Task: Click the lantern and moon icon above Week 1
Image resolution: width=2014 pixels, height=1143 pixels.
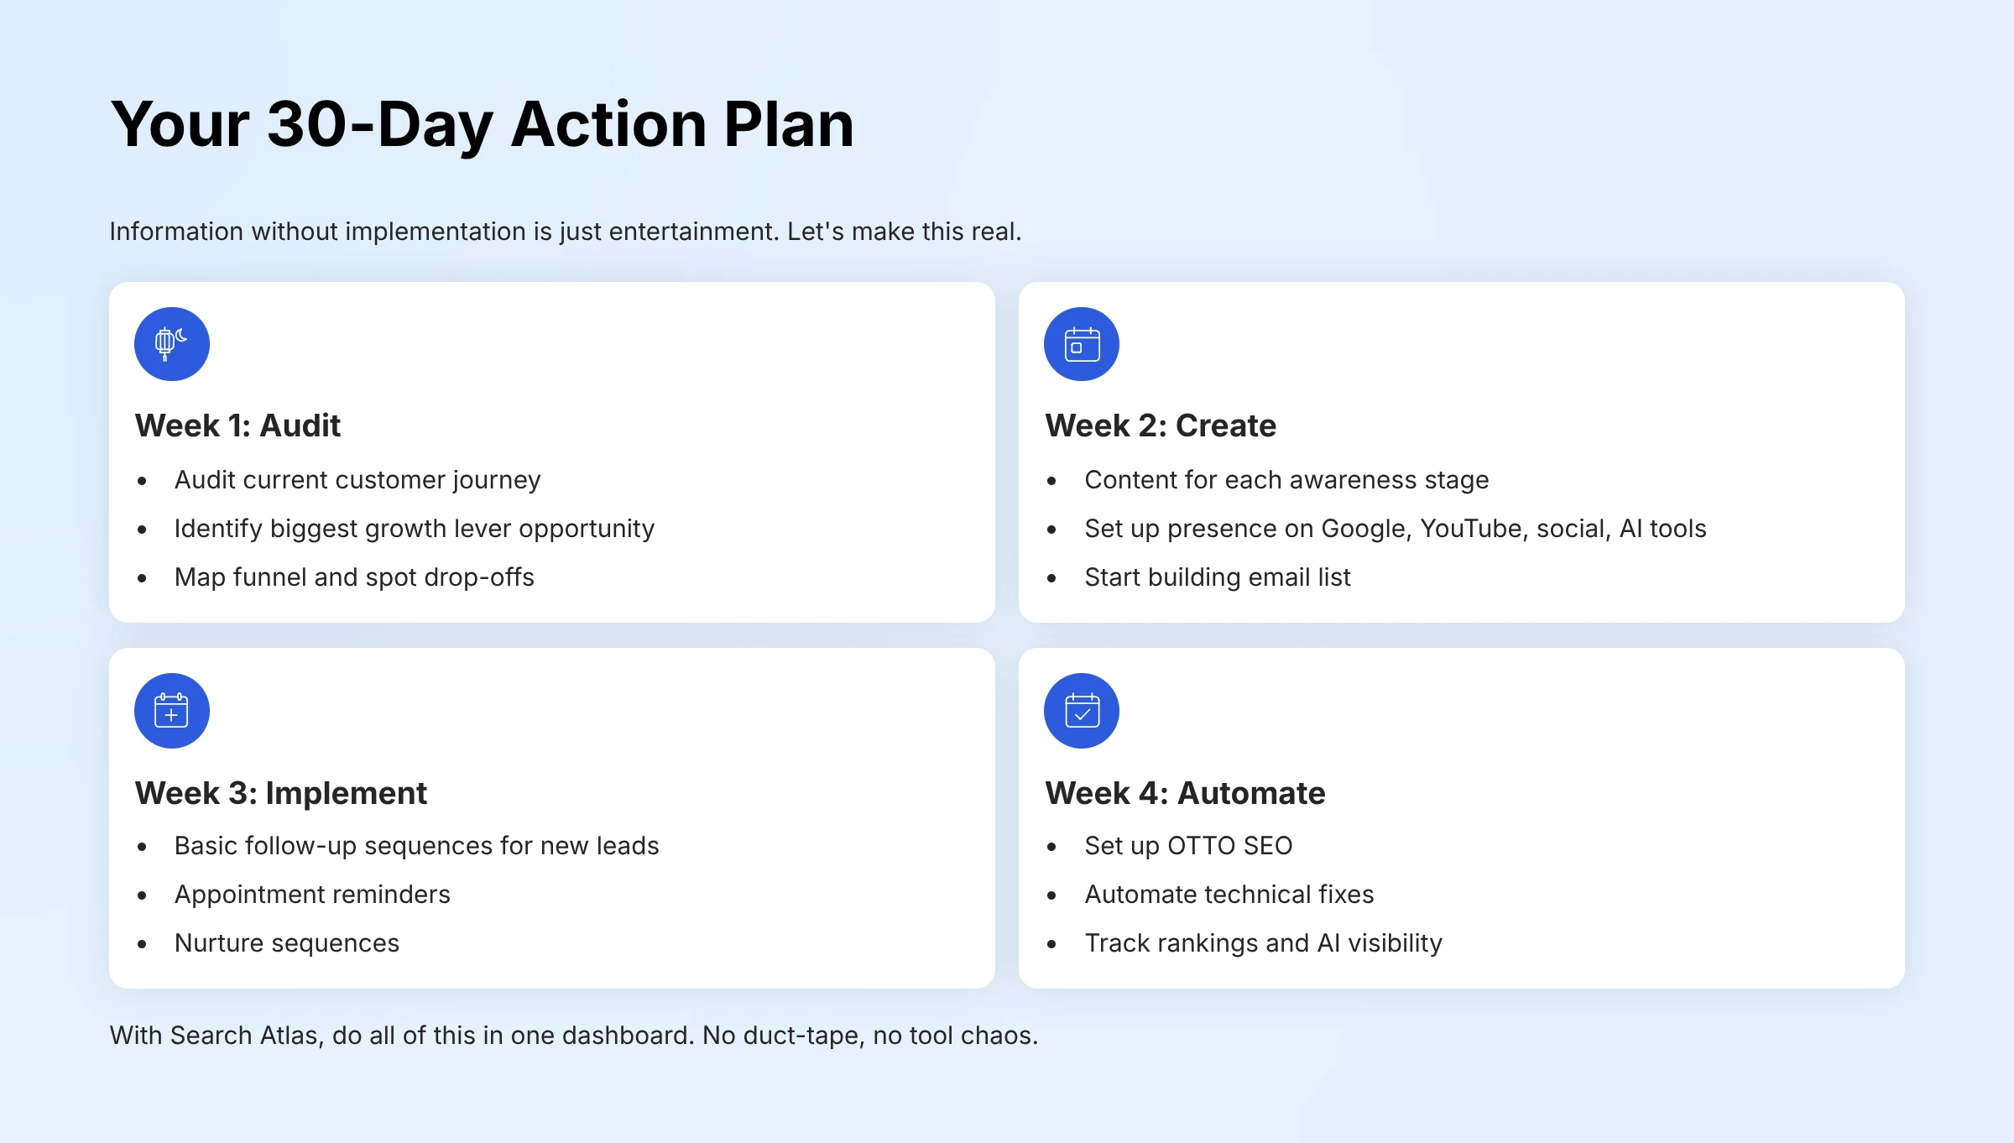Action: [171, 344]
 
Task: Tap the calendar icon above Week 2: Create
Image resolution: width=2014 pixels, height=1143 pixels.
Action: [1082, 344]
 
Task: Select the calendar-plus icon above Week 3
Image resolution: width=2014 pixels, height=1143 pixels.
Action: [171, 710]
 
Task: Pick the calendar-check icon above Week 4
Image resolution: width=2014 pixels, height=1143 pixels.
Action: [1082, 710]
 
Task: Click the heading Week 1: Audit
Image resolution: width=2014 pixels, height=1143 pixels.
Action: [237, 425]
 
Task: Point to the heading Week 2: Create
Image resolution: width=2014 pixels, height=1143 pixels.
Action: [1160, 425]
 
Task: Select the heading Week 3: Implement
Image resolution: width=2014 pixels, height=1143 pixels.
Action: [280, 792]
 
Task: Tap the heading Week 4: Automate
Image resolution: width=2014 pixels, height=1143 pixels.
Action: [1184, 792]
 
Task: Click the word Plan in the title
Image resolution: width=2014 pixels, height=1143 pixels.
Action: [788, 124]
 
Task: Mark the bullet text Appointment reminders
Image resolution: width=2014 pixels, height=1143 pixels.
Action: [312, 895]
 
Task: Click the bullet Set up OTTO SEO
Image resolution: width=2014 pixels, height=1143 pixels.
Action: [1187, 846]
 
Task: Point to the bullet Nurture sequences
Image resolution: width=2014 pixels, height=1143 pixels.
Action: [286, 943]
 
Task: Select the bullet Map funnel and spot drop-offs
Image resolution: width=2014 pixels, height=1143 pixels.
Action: [353, 577]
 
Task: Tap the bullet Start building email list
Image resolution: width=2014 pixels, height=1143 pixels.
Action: [1217, 577]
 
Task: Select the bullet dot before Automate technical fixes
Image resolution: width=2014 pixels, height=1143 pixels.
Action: [1051, 895]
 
